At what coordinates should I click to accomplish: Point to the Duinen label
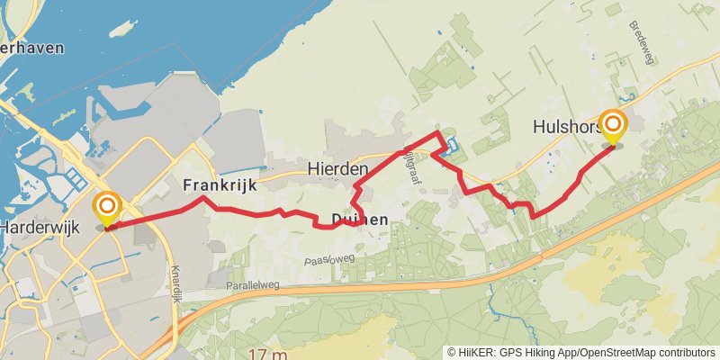[x=359, y=220]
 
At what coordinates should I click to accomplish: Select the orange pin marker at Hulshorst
[x=614, y=128]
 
